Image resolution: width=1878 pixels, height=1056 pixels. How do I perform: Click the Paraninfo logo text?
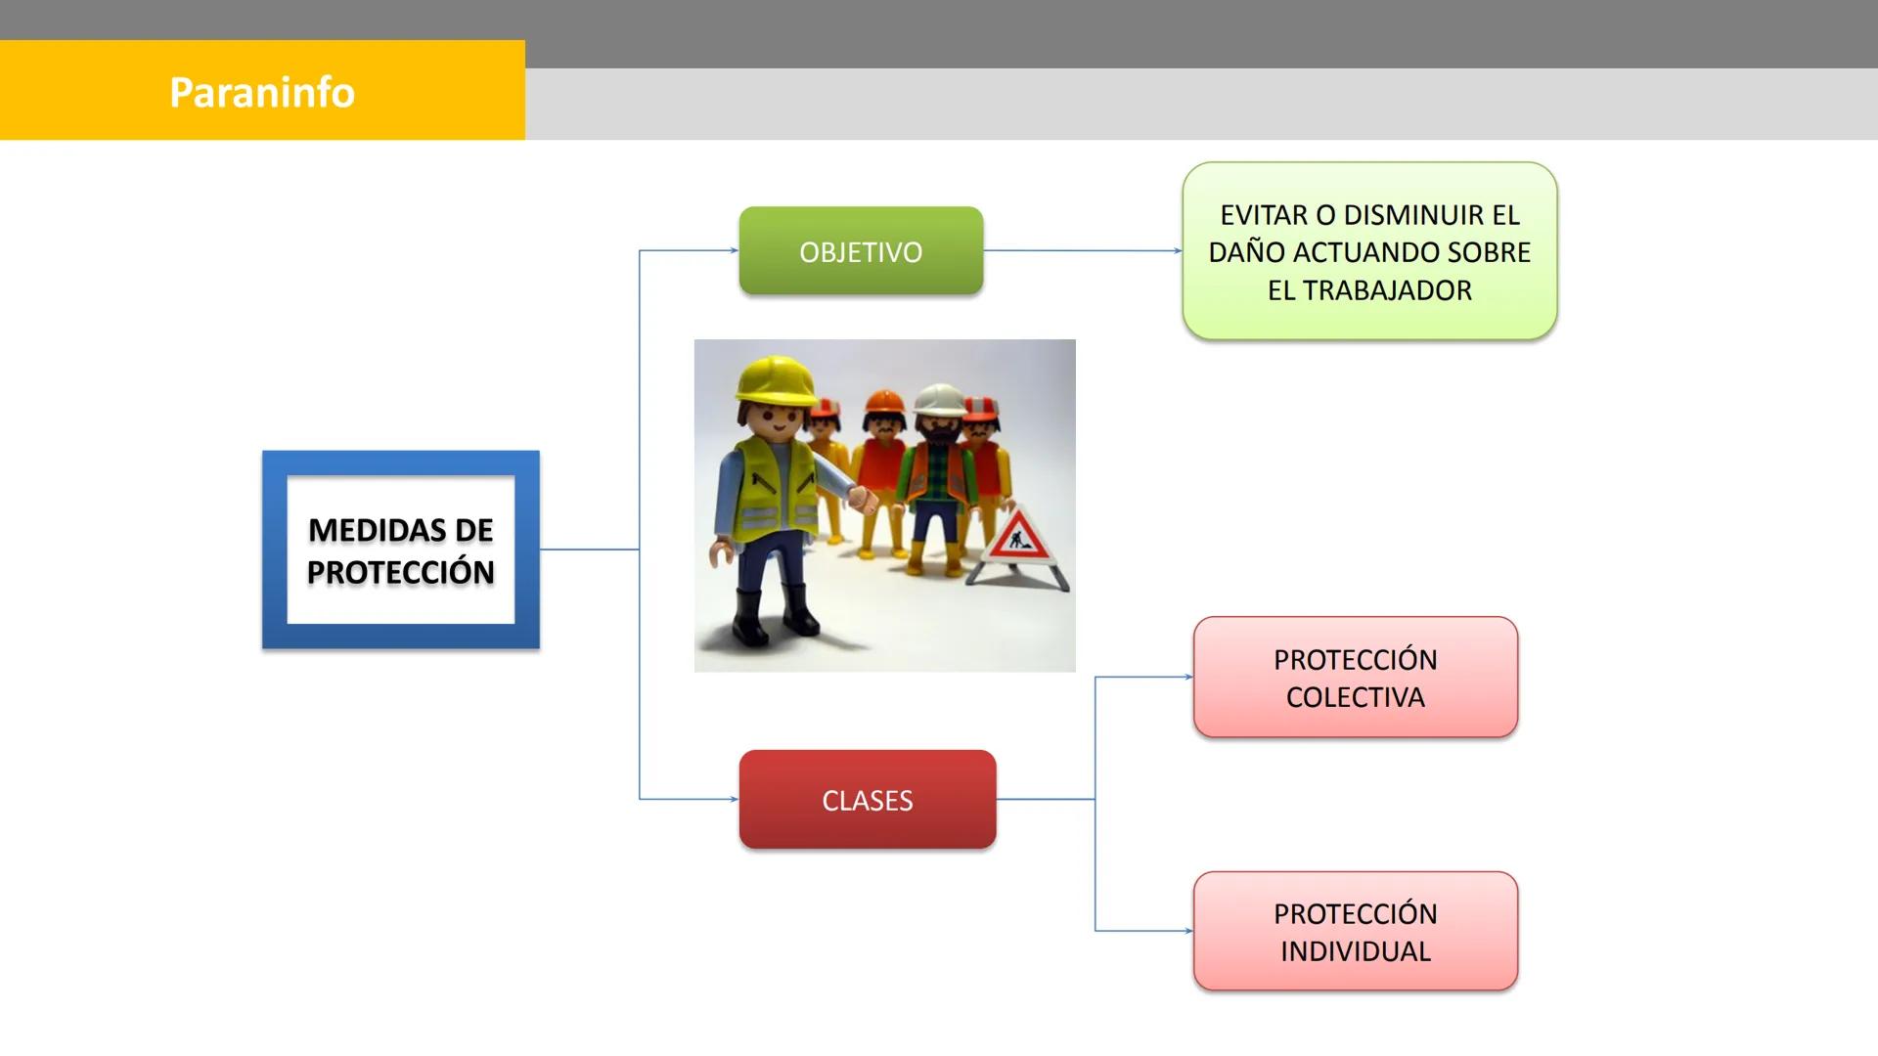click(261, 92)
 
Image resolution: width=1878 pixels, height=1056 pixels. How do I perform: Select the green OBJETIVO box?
click(861, 251)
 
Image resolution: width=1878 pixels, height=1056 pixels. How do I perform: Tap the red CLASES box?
click(867, 800)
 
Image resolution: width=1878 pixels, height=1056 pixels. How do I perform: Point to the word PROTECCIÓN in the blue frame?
click(400, 572)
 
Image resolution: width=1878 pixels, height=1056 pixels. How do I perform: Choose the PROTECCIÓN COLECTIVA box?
click(1355, 677)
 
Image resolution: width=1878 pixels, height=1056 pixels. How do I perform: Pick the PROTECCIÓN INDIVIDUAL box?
click(1355, 931)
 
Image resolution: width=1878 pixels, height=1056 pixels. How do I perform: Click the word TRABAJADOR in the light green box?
click(1387, 290)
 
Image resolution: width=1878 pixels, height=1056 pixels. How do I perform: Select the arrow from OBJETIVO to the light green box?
click(1081, 250)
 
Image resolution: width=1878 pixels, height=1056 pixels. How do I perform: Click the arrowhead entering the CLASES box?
click(734, 799)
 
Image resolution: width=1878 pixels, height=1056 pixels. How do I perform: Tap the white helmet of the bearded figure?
click(938, 397)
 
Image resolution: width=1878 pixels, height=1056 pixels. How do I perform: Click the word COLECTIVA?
click(1355, 697)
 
